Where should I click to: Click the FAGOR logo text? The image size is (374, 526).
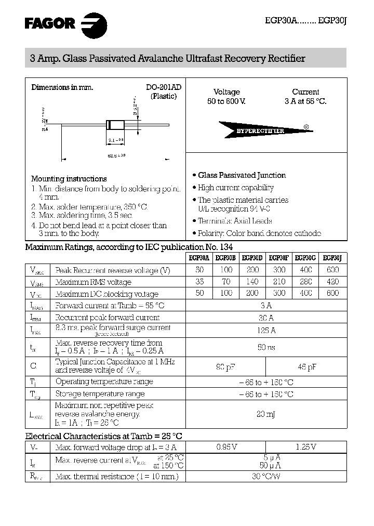(x=50, y=22)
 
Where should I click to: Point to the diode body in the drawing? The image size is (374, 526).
(x=115, y=125)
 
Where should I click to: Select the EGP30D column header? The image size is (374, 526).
(x=252, y=257)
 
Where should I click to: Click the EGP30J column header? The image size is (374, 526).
(x=332, y=257)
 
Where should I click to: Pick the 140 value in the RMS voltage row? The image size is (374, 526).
(x=252, y=282)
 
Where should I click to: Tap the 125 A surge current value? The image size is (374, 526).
(x=266, y=330)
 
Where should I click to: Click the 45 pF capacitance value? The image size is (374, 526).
(x=306, y=367)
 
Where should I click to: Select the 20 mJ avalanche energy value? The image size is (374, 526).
(x=266, y=414)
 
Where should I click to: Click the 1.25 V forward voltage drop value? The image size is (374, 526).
(x=306, y=446)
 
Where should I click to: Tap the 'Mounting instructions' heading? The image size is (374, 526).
(x=69, y=179)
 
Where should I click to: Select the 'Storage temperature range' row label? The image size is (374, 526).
(x=100, y=394)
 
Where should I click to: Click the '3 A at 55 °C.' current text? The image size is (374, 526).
(x=305, y=101)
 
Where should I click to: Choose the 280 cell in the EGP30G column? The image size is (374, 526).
(x=306, y=282)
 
